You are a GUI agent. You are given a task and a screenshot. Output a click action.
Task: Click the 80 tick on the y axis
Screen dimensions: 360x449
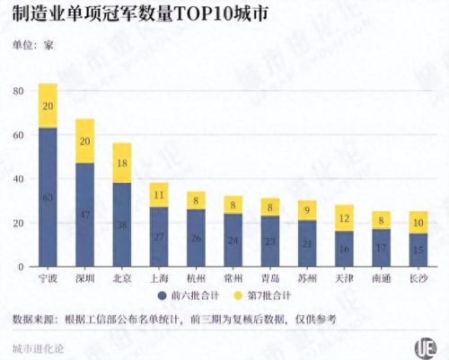click(x=18, y=91)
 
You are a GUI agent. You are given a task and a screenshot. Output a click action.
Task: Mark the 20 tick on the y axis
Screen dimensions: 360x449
click(x=18, y=224)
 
